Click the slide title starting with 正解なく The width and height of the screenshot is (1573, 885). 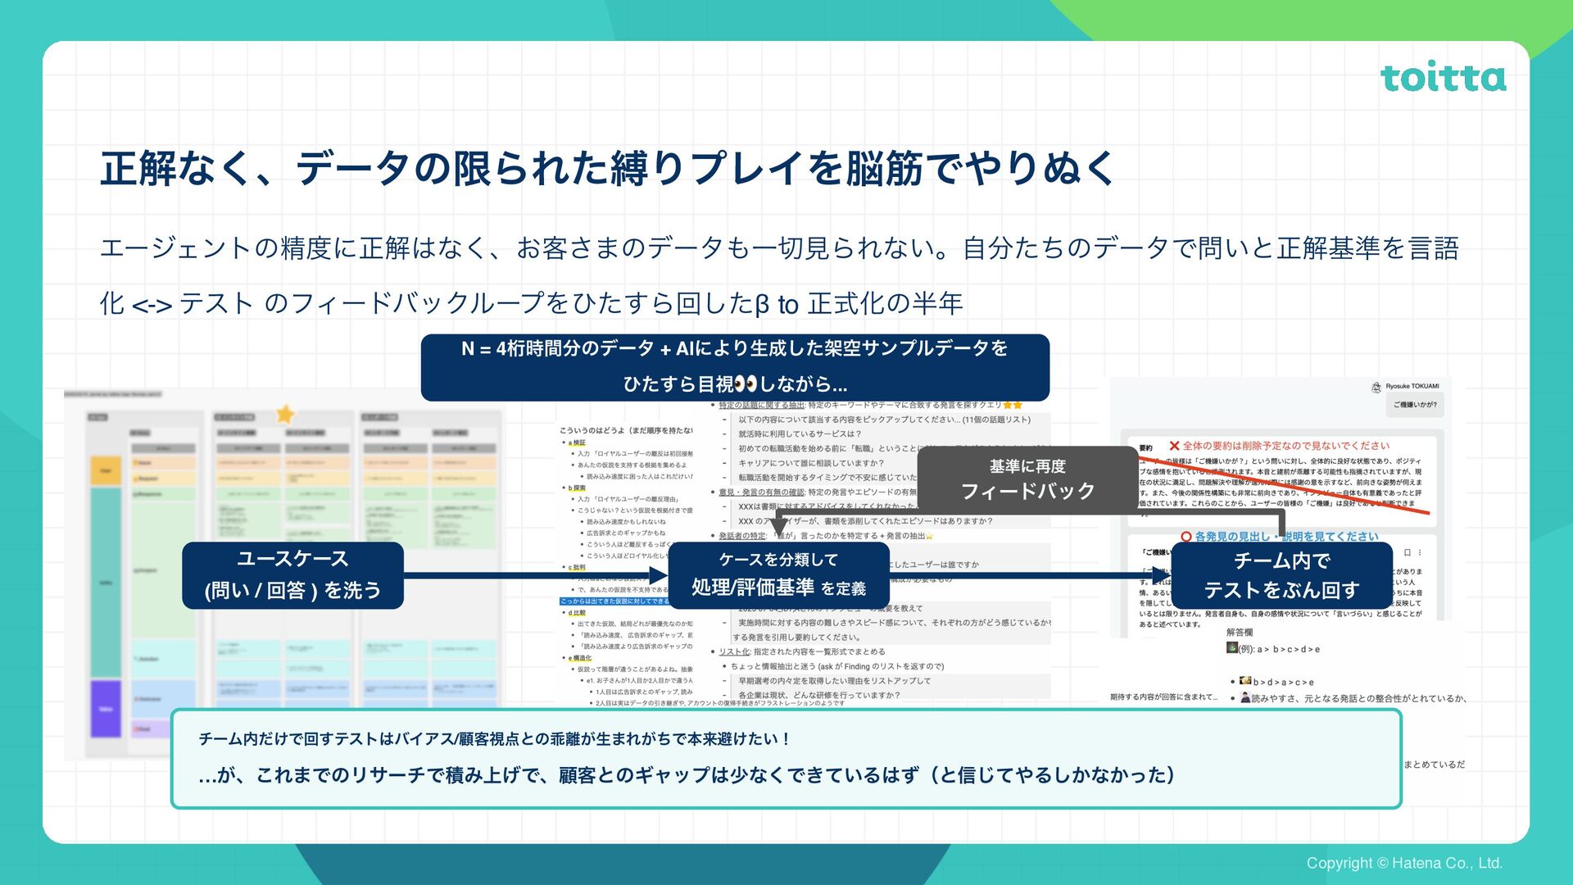click(x=607, y=168)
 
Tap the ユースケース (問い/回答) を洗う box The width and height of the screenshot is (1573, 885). click(x=292, y=574)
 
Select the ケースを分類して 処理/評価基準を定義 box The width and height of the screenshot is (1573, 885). click(x=778, y=574)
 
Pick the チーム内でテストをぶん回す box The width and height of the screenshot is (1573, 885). click(x=1281, y=574)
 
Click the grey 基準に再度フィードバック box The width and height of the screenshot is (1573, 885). click(x=1027, y=479)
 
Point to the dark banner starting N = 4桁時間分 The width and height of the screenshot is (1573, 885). click(x=735, y=366)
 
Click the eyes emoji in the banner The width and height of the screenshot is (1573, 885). click(x=746, y=384)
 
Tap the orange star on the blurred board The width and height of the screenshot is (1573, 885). click(x=285, y=414)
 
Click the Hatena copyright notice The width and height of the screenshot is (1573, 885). click(x=1403, y=863)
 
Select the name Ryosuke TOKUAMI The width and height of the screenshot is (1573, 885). click(x=1412, y=386)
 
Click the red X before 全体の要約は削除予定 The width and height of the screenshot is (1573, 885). click(x=1174, y=446)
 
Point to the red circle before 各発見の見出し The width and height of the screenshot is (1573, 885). click(x=1185, y=537)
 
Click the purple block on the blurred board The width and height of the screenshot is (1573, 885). click(x=106, y=709)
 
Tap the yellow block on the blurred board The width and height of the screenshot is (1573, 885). click(x=106, y=470)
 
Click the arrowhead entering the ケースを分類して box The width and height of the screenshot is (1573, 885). click(x=659, y=575)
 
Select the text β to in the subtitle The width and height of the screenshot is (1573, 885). click(x=776, y=304)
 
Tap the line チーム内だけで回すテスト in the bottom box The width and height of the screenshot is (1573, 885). click(x=494, y=739)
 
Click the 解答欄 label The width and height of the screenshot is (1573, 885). click(x=1239, y=632)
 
